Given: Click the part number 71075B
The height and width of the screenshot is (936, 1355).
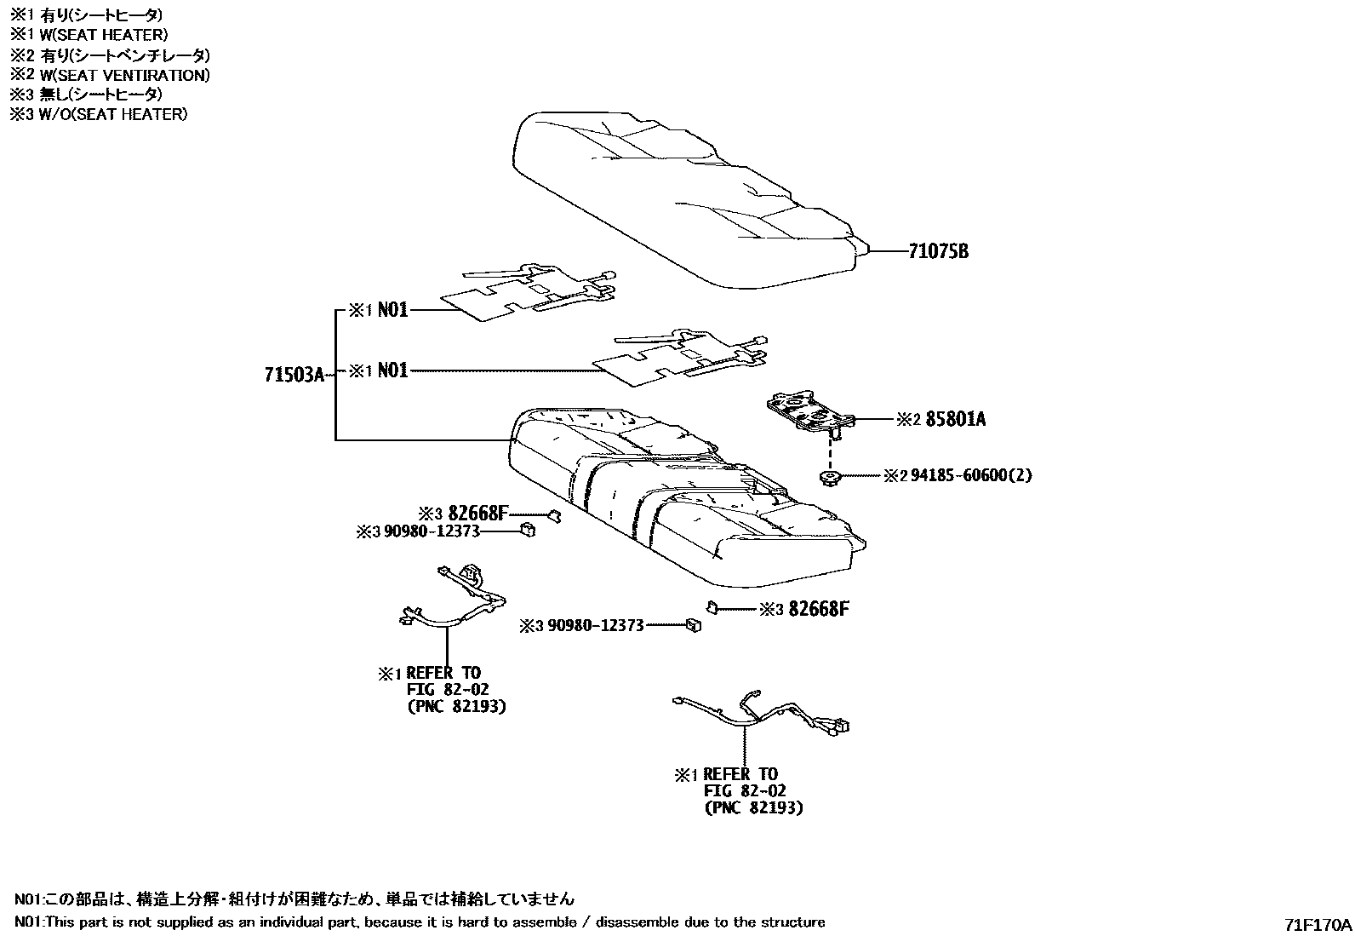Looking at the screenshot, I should pyautogui.click(x=938, y=251).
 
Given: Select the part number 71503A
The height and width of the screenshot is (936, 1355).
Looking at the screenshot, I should pyautogui.click(x=294, y=375).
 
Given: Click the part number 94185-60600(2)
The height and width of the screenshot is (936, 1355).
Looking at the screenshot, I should pyautogui.click(x=970, y=475).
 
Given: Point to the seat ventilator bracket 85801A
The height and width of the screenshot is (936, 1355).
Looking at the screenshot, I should pyautogui.click(x=809, y=413).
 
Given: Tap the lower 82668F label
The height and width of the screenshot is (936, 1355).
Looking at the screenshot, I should pyautogui.click(x=818, y=608).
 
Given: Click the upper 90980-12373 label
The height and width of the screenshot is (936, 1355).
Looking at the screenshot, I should pyautogui.click(x=431, y=531).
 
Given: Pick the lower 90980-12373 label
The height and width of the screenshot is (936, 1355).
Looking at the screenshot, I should pyautogui.click(x=595, y=626).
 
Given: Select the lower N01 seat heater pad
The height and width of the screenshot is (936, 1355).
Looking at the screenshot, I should pyautogui.click(x=681, y=358).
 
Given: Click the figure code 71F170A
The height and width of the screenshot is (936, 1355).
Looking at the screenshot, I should pyautogui.click(x=1318, y=924).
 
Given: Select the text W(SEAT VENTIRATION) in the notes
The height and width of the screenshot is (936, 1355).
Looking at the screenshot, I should pyautogui.click(x=120, y=75).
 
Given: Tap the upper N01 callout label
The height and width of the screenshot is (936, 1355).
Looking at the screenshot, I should pyautogui.click(x=392, y=310).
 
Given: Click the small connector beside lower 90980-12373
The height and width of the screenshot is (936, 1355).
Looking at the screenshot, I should pyautogui.click(x=694, y=626).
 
